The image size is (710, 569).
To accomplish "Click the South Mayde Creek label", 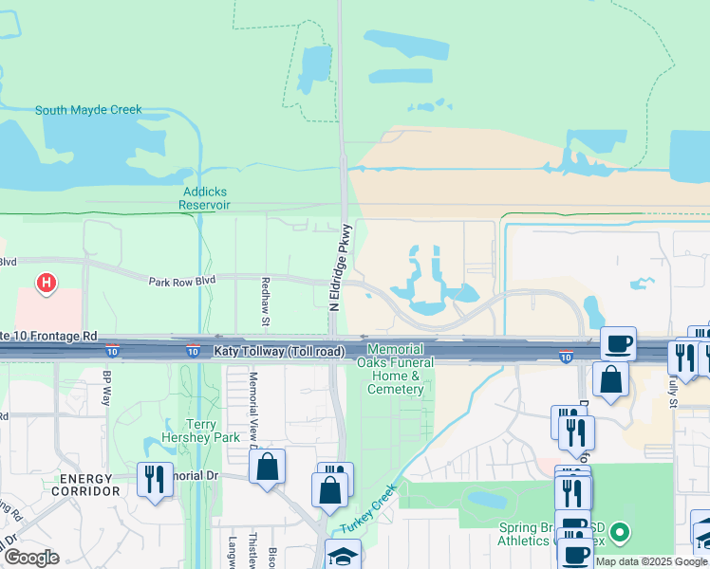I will (88, 110).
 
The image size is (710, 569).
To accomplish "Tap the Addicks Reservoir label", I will (205, 197).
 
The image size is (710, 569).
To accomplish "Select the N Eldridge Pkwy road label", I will (341, 267).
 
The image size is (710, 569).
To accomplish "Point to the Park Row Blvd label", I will (182, 280).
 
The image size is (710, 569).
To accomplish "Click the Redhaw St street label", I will (265, 301).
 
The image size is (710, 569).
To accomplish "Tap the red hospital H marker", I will (45, 282).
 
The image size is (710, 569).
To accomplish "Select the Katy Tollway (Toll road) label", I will (279, 352).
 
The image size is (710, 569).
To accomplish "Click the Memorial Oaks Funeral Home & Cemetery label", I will (395, 370).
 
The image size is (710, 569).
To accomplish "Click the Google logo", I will (31, 558).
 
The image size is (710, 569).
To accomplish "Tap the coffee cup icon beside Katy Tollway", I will (618, 342).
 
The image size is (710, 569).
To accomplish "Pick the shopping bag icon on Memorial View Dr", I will (268, 466).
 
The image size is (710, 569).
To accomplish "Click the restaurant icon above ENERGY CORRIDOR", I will (155, 479).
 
